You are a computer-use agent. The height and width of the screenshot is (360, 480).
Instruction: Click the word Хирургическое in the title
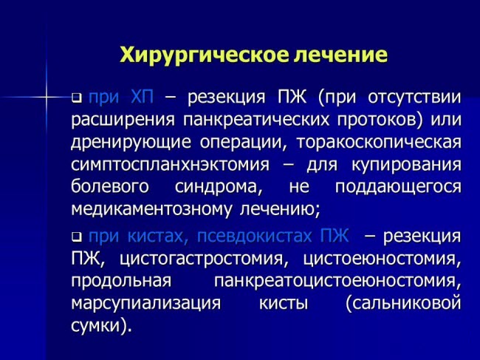[x=203, y=55]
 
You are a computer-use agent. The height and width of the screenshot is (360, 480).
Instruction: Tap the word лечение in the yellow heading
[x=340, y=55]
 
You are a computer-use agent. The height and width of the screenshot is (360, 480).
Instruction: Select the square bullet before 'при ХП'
[x=76, y=98]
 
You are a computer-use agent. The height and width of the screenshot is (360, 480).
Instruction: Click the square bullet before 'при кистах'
[x=76, y=237]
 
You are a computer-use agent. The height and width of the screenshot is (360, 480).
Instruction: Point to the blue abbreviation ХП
[x=142, y=98]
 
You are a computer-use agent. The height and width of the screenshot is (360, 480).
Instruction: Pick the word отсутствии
[x=414, y=98]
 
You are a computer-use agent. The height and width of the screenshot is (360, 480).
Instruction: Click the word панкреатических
[x=256, y=120]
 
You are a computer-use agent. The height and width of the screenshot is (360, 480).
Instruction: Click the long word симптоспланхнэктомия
[x=170, y=165]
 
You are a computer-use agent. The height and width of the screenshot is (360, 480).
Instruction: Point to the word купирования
[x=406, y=166]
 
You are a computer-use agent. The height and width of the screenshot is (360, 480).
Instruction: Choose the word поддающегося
[x=398, y=188]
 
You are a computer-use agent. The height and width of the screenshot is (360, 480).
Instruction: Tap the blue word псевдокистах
[x=254, y=237]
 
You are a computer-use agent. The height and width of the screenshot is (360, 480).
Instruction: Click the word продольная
[x=121, y=282]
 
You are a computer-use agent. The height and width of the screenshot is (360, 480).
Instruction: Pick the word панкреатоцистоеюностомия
[x=337, y=282]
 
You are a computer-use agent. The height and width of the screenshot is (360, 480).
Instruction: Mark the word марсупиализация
[x=145, y=304]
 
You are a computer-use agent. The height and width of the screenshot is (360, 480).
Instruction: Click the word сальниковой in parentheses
[x=403, y=304]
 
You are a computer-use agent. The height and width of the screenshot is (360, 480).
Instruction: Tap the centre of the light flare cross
[x=47, y=98]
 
